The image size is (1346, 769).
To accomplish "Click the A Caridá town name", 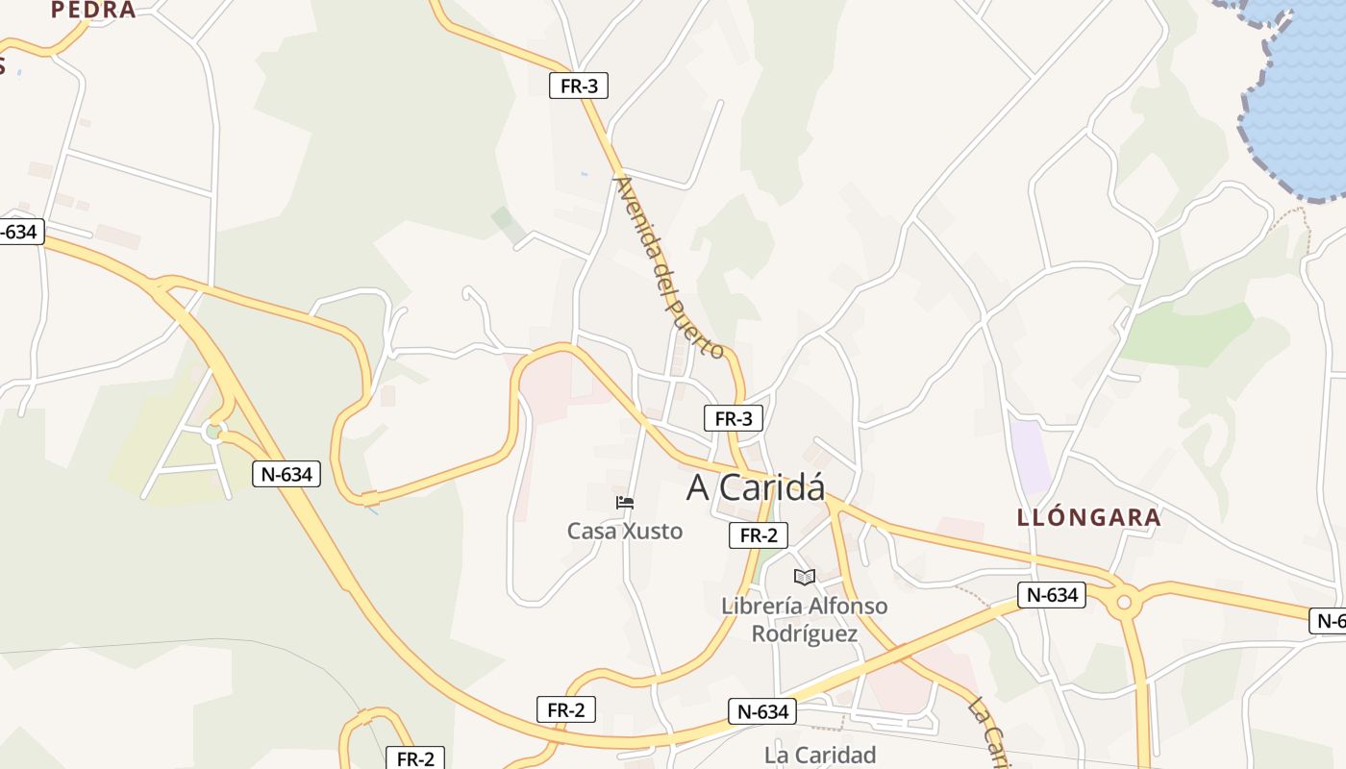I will (756, 487).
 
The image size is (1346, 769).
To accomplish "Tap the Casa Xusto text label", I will (625, 531).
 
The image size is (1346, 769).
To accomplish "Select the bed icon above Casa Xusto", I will (625, 502).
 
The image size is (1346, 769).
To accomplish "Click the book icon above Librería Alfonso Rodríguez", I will (804, 577).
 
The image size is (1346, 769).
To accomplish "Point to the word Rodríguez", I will (804, 633).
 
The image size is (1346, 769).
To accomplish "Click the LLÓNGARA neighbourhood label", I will (1089, 517).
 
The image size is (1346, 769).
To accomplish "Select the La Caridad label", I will (820, 755).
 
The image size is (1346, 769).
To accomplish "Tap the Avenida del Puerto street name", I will (669, 266).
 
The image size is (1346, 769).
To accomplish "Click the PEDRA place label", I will (93, 11).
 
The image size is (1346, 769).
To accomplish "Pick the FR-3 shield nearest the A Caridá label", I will (734, 418).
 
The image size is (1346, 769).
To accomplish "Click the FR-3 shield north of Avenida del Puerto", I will (579, 86).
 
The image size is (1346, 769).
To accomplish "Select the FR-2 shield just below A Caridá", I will (759, 535).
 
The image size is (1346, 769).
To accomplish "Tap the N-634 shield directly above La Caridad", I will (763, 711).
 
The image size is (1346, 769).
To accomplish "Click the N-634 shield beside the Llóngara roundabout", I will (1053, 595).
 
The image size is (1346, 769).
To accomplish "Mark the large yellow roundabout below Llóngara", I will (1122, 602).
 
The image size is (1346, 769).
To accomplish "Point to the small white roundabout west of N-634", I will (213, 432).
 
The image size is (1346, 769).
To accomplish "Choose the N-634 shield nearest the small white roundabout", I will (287, 473).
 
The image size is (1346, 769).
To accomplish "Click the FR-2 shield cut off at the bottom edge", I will (415, 757).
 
